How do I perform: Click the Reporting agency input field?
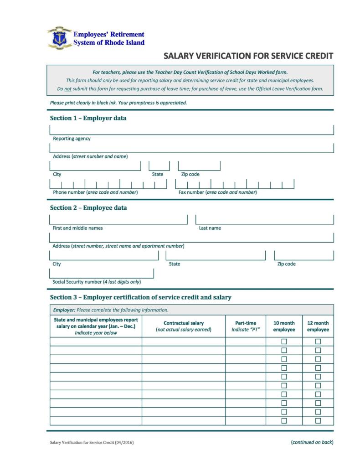[191, 130]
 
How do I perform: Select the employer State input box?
[159, 166]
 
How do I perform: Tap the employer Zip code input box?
[199, 166]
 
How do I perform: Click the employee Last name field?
[264, 219]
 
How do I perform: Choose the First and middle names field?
[118, 219]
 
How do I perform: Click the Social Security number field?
[101, 273]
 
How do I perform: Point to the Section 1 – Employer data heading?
[88, 118]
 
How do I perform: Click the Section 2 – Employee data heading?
[88, 208]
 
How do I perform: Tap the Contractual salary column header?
[183, 326]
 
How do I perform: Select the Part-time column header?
[246, 326]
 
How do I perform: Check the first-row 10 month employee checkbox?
[284, 342]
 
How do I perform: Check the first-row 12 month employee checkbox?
[318, 342]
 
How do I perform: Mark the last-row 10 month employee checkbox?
[284, 421]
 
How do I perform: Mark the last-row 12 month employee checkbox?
[318, 421]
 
